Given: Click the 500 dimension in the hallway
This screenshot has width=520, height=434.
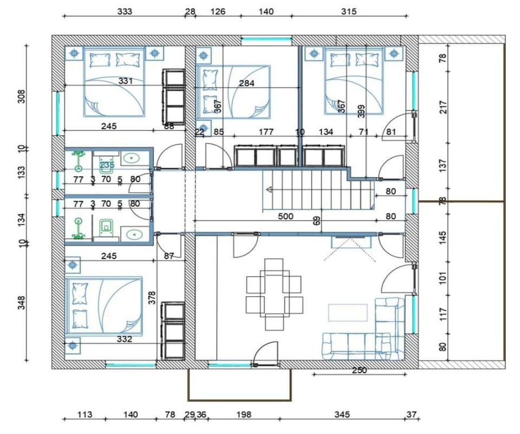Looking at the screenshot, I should pyautogui.click(x=285, y=216).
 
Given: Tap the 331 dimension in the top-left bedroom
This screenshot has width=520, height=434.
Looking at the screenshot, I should pyautogui.click(x=126, y=81).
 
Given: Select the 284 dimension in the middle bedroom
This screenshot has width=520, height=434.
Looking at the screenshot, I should pyautogui.click(x=246, y=84).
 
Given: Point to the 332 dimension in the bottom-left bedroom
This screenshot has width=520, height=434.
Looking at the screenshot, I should pyautogui.click(x=124, y=339).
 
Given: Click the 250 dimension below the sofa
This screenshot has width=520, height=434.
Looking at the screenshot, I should pyautogui.click(x=359, y=371).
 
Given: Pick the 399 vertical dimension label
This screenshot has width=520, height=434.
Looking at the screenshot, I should pyautogui.click(x=361, y=111).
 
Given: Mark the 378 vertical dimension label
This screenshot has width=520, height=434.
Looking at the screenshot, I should pyautogui.click(x=152, y=297).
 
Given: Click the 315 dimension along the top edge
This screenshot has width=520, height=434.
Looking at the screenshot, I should pyautogui.click(x=349, y=11).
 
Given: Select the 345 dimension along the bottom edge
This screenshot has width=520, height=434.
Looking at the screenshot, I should pyautogui.click(x=342, y=415).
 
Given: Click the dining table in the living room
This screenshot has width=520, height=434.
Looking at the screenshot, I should pyautogui.click(x=274, y=295).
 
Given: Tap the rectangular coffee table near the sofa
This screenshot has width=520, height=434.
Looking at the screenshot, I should pyautogui.click(x=348, y=312).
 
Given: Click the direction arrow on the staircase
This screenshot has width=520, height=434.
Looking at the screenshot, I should pyautogui.click(x=269, y=189).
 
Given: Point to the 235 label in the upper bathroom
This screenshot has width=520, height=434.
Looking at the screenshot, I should pyautogui.click(x=107, y=165).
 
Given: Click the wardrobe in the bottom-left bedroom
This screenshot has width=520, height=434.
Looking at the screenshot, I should pyautogui.click(x=174, y=331).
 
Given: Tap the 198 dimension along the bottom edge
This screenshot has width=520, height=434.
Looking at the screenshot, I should pyautogui.click(x=244, y=415).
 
